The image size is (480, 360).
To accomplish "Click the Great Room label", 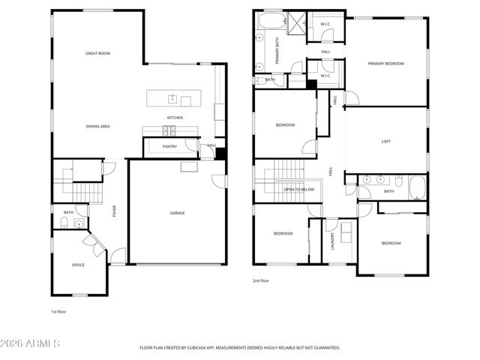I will click(x=98, y=53).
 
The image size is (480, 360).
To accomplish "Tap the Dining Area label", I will click(x=98, y=126).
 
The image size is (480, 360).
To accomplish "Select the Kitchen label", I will click(x=175, y=118).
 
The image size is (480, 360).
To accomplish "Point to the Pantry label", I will click(x=169, y=146).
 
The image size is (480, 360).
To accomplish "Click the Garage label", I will click(x=177, y=213).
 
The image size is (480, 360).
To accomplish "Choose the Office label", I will click(x=78, y=265).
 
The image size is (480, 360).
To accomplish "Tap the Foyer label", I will click(x=115, y=212).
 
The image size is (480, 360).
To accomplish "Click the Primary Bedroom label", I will click(x=385, y=64).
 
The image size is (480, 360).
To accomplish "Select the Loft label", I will click(x=386, y=141).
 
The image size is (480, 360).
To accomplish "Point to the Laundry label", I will click(x=332, y=241).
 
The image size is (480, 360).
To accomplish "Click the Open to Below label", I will click(x=298, y=190).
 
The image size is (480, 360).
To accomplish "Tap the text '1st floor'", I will click(x=58, y=311).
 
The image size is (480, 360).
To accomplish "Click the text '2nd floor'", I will click(x=260, y=280).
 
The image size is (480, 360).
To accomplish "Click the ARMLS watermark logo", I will click(x=31, y=344).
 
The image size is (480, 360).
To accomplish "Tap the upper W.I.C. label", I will click(x=325, y=24).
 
